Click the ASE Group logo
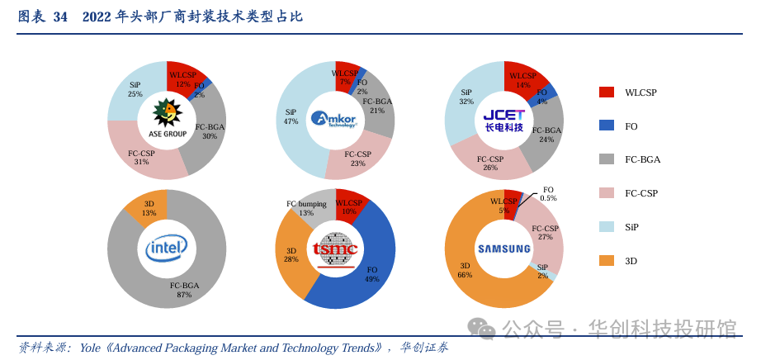pyautogui.click(x=167, y=117)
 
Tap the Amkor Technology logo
pyautogui.click(x=334, y=119)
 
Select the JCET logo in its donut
pyautogui.click(x=503, y=119)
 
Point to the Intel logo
pyautogui.click(x=167, y=247)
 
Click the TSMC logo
pyautogui.click(x=334, y=249)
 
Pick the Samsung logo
pyautogui.click(x=503, y=249)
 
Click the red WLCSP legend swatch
pyautogui.click(x=607, y=92)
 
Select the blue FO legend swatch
pyautogui.click(x=607, y=126)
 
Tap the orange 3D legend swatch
pyautogui.click(x=607, y=261)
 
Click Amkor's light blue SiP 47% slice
pyautogui.click(x=293, y=132)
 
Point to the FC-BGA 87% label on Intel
pyautogui.click(x=184, y=290)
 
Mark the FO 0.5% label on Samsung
pyautogui.click(x=548, y=194)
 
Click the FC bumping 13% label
pyautogui.click(x=306, y=208)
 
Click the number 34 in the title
pyautogui.click(x=59, y=17)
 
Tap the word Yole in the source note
pyautogui.click(x=90, y=348)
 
